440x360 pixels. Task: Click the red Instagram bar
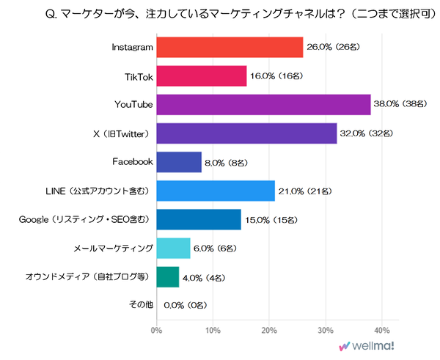(x=229, y=48)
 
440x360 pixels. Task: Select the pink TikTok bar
(x=201, y=76)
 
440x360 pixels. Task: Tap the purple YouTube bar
(x=263, y=105)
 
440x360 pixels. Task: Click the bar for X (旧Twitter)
(x=246, y=133)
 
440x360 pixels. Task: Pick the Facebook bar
(x=178, y=162)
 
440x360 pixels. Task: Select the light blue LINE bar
(x=215, y=191)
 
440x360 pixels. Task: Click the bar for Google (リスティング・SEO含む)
(x=198, y=219)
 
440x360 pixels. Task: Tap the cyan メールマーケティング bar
(x=172, y=248)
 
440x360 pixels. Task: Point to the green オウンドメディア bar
(x=167, y=276)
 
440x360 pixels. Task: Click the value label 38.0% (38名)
(x=400, y=105)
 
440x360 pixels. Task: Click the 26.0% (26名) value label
(x=331, y=48)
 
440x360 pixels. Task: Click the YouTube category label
(x=133, y=105)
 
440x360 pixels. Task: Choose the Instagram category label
(x=131, y=48)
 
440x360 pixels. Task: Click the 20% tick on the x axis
(x=269, y=330)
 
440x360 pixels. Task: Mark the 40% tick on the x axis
(x=382, y=330)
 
